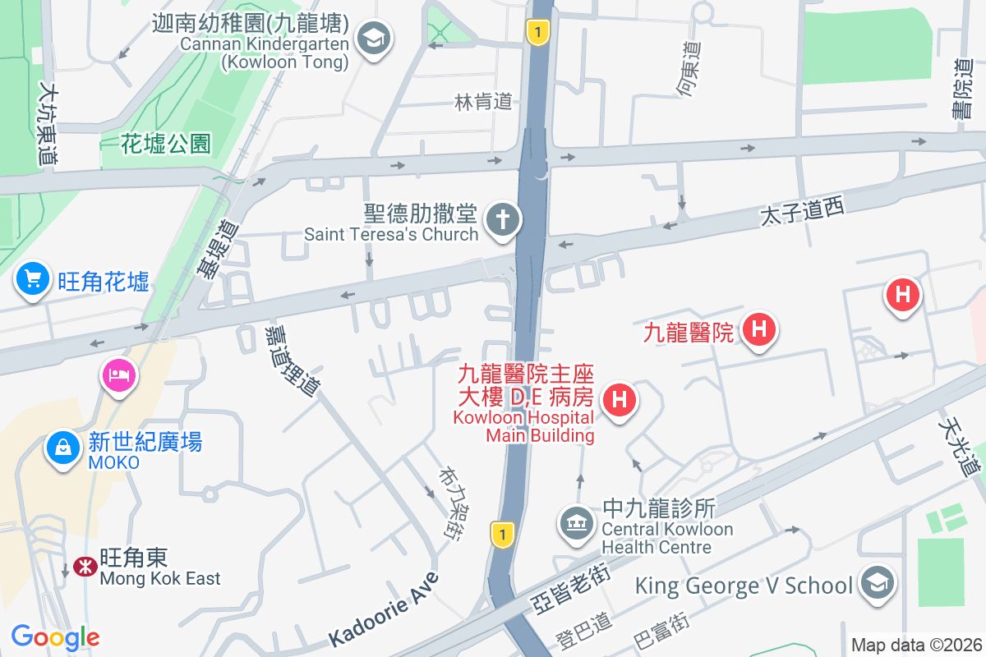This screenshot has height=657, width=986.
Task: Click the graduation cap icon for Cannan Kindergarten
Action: [375, 38]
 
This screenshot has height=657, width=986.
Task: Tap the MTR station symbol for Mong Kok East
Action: [83, 567]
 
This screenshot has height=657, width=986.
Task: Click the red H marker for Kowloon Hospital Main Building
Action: [620, 401]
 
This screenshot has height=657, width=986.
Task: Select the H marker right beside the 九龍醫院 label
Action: [758, 330]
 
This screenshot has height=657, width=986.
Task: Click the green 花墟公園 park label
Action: [166, 145]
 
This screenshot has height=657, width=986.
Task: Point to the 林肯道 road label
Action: [483, 101]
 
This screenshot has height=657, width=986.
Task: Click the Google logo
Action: [55, 636]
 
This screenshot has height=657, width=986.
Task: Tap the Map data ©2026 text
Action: [915, 645]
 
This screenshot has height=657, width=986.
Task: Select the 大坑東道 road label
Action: [47, 123]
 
